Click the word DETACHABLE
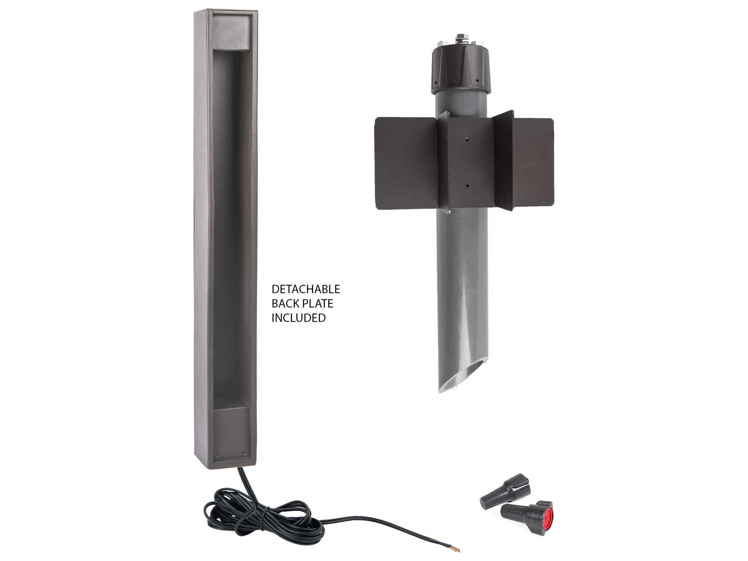pos(306,289)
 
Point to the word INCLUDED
pos(299,318)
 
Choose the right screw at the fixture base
pos(244,452)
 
